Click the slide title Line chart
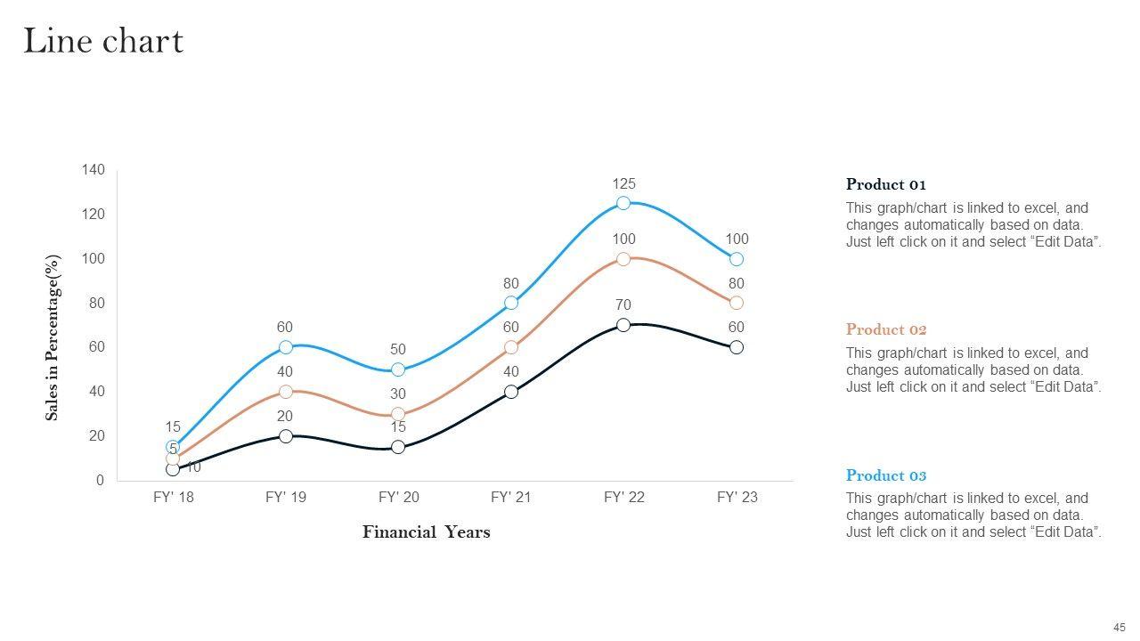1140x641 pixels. (103, 41)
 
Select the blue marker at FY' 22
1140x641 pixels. (623, 203)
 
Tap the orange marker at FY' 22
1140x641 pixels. (623, 259)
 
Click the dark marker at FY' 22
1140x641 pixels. (623, 325)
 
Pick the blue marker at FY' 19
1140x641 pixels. (286, 347)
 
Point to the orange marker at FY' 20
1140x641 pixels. (398, 414)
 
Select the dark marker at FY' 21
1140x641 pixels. (511, 392)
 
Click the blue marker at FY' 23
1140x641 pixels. (737, 259)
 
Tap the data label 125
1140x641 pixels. (623, 183)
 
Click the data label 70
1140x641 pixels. (623, 305)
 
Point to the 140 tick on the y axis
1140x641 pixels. (94, 169)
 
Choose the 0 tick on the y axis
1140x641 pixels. (100, 481)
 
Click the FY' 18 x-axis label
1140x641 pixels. (173, 498)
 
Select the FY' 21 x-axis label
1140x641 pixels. (511, 498)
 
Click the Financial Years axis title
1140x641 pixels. (426, 532)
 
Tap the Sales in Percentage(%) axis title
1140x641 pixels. (53, 338)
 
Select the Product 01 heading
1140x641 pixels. (886, 184)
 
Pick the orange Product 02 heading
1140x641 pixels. (886, 329)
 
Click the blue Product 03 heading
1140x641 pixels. (886, 475)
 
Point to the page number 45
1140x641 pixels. (1119, 627)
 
